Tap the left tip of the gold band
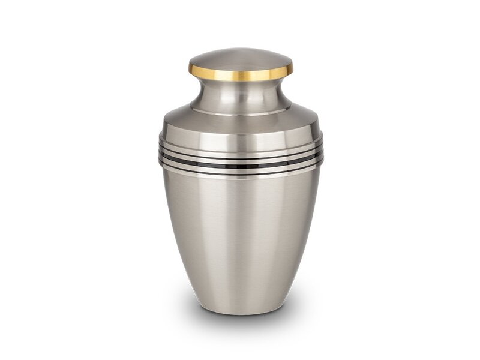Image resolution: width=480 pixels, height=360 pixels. tap(190, 68)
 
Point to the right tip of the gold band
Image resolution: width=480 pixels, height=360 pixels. tap(292, 68)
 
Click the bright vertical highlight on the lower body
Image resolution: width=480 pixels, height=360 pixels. tap(237, 240)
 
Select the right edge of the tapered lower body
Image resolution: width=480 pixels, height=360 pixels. tap(307, 240)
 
